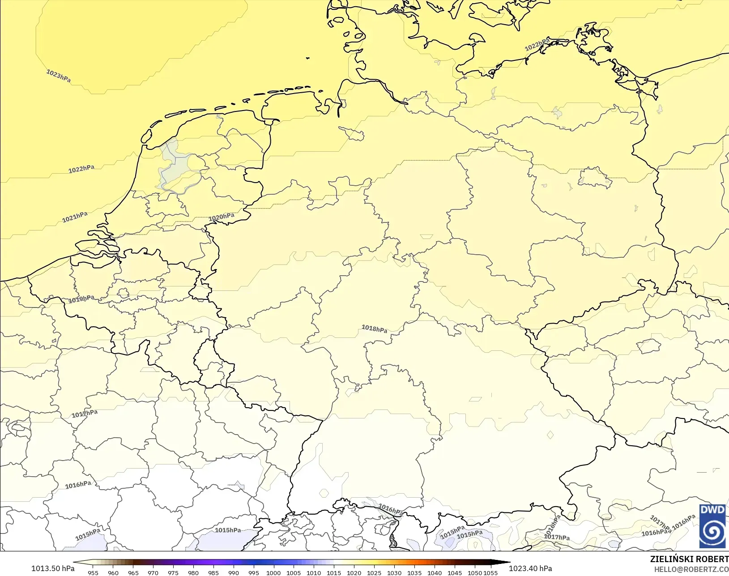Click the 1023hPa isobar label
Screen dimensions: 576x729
59,76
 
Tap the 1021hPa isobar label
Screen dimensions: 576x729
75,218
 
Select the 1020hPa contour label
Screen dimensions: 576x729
222,218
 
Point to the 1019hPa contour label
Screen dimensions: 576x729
81,299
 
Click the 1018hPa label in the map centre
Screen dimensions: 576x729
375,329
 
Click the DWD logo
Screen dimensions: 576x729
712,526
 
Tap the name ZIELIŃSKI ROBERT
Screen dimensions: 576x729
689,559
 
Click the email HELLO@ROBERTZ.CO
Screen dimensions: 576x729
691,569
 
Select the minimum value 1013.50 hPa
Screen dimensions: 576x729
53,568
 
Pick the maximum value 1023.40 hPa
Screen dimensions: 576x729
530,568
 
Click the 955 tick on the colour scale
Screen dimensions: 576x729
93,572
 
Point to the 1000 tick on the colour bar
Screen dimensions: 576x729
273,572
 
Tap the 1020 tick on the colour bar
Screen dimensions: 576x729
354,572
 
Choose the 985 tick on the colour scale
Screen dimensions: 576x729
213,572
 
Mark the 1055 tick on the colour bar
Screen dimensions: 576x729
491,572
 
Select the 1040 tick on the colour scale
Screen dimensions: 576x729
435,572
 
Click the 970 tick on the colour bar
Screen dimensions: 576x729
153,572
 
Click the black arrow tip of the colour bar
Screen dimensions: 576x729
507,563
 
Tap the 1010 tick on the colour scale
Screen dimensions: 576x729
314,572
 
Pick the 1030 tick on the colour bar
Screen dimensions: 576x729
394,572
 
